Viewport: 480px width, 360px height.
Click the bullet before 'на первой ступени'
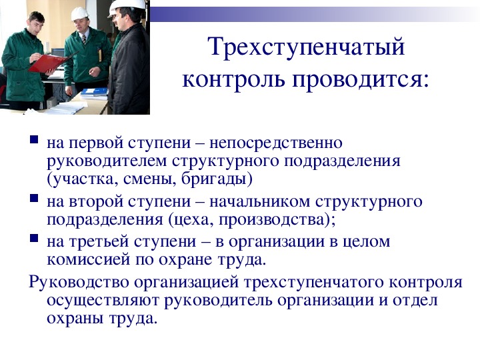click(x=34, y=139)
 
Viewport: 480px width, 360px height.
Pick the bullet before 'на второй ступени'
click(x=34, y=198)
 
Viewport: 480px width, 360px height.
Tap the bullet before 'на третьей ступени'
click(x=34, y=238)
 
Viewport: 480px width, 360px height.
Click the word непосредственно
click(x=276, y=143)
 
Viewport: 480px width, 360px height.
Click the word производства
click(x=271, y=220)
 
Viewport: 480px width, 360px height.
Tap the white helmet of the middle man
click(x=79, y=14)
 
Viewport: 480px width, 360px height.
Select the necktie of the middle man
click(x=84, y=39)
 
